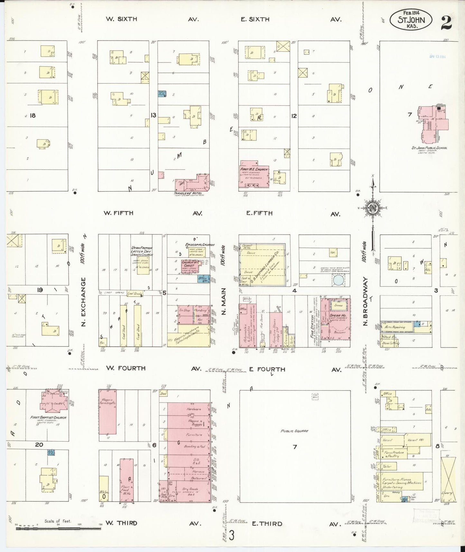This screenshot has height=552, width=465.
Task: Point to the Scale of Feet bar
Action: pos(58,528)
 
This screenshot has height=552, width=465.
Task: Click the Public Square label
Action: pos(294,431)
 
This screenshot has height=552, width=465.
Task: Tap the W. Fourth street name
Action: pos(126,368)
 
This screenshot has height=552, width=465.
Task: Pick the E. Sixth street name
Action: pos(255,19)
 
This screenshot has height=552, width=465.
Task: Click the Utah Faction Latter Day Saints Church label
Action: pos(142,252)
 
